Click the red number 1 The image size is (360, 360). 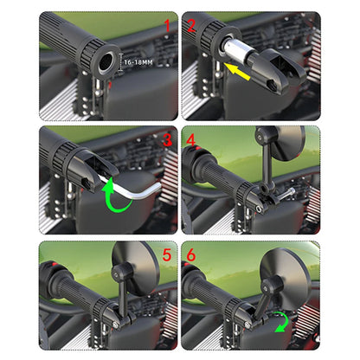coord(166,27)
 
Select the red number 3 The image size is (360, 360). coord(166,139)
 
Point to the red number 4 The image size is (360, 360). coord(193,139)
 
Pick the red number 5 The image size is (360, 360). coord(166,255)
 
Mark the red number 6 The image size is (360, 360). coord(193,255)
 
